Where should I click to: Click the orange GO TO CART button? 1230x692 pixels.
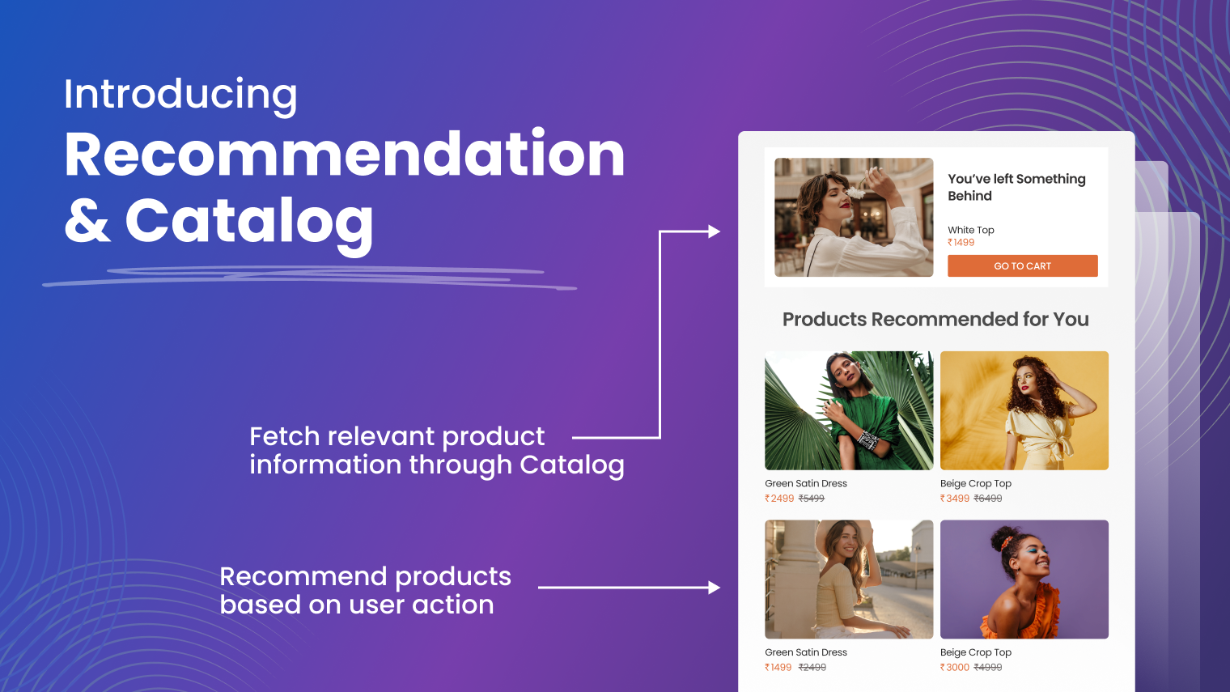(x=1023, y=265)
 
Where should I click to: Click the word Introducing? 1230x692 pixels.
(x=180, y=95)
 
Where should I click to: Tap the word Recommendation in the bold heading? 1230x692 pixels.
(x=345, y=155)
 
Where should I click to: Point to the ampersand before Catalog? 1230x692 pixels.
(x=87, y=220)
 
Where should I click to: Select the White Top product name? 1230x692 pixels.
(x=971, y=230)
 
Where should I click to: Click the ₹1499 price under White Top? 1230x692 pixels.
(x=961, y=242)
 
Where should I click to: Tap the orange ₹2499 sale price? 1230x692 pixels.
(x=779, y=498)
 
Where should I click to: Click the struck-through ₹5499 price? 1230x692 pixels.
(x=812, y=498)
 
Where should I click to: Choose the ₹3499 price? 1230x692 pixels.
(x=954, y=498)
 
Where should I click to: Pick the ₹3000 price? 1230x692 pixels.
(x=954, y=667)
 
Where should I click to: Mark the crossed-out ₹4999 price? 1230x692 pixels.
(x=988, y=667)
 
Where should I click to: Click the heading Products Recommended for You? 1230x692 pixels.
(x=935, y=319)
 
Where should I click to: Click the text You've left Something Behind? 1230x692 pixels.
(x=1016, y=187)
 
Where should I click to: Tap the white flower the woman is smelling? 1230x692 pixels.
(x=855, y=193)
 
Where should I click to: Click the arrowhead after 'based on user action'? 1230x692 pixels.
(x=714, y=588)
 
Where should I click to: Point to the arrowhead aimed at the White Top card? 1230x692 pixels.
(x=714, y=231)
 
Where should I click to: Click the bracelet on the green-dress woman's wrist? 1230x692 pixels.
(x=868, y=440)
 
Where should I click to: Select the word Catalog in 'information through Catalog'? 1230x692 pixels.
(x=571, y=465)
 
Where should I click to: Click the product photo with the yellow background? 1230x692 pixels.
(x=1024, y=410)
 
